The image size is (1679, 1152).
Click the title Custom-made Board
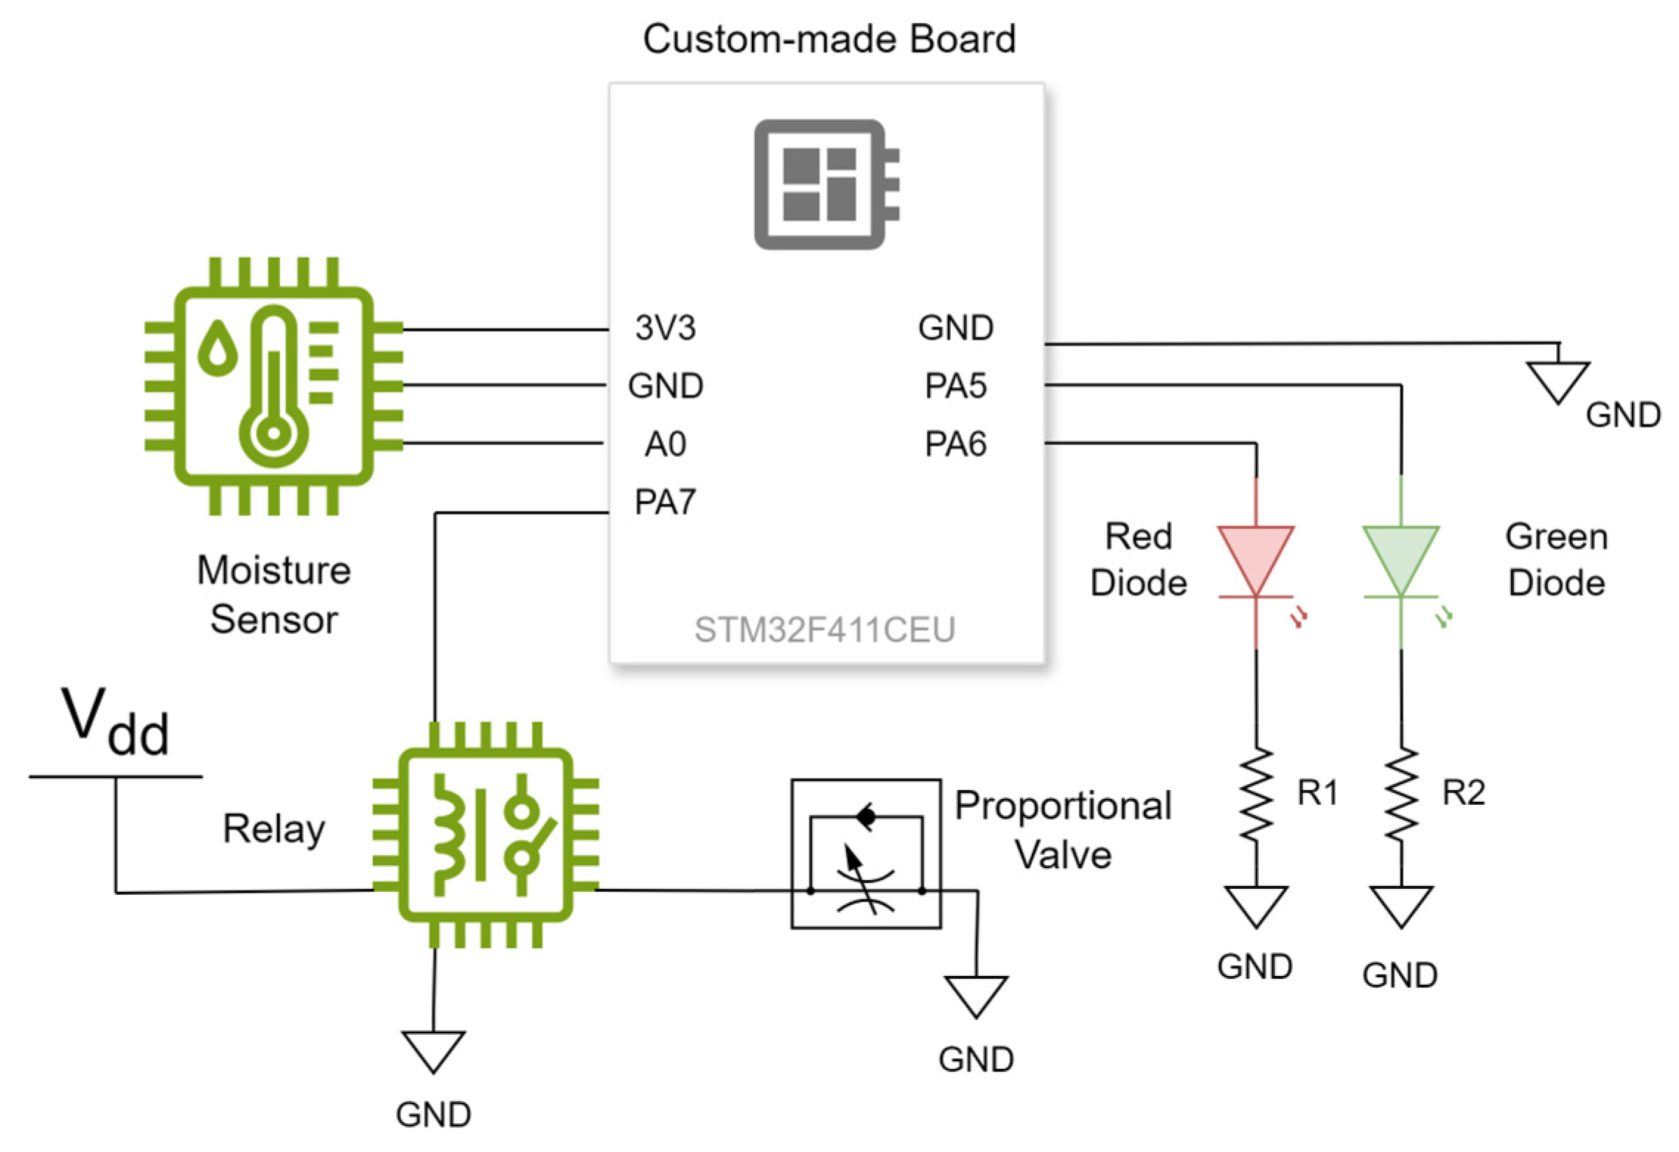click(828, 39)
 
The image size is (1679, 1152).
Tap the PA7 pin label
click(665, 503)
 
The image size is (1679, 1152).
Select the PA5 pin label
click(955, 386)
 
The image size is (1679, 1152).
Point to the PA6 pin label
click(955, 444)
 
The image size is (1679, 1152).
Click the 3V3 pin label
click(665, 328)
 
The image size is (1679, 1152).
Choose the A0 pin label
click(665, 444)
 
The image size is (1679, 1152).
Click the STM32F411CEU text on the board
click(824, 630)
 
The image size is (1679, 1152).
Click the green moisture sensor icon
click(273, 385)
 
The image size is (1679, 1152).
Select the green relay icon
click(485, 834)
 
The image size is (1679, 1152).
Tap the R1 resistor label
click(1316, 793)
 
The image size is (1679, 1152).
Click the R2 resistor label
click(1463, 793)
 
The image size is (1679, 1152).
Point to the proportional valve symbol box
click(866, 853)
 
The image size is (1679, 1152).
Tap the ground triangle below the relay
click(433, 1050)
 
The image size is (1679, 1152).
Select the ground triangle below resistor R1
click(1256, 905)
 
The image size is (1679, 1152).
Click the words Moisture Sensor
click(273, 594)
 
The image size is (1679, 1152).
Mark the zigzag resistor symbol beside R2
click(1400, 795)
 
